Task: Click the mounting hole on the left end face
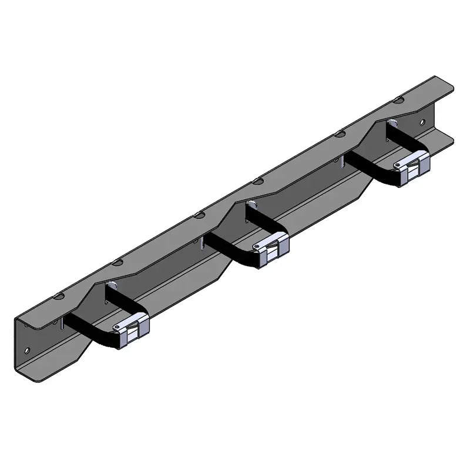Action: (27, 350)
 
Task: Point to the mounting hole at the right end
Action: (421, 122)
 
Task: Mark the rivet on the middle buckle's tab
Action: (257, 247)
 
